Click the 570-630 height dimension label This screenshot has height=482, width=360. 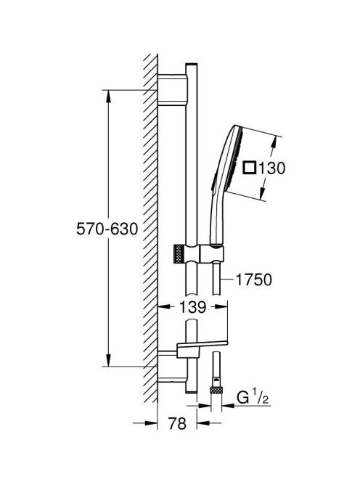point(107,229)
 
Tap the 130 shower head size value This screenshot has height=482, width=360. point(271,168)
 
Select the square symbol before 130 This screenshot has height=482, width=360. point(249,168)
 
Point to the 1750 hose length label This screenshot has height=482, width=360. point(253,279)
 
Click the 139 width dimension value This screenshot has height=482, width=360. point(192,307)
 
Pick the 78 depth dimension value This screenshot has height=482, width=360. point(177,424)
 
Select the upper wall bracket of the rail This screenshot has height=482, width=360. point(172,90)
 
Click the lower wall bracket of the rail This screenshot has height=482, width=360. point(172,366)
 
